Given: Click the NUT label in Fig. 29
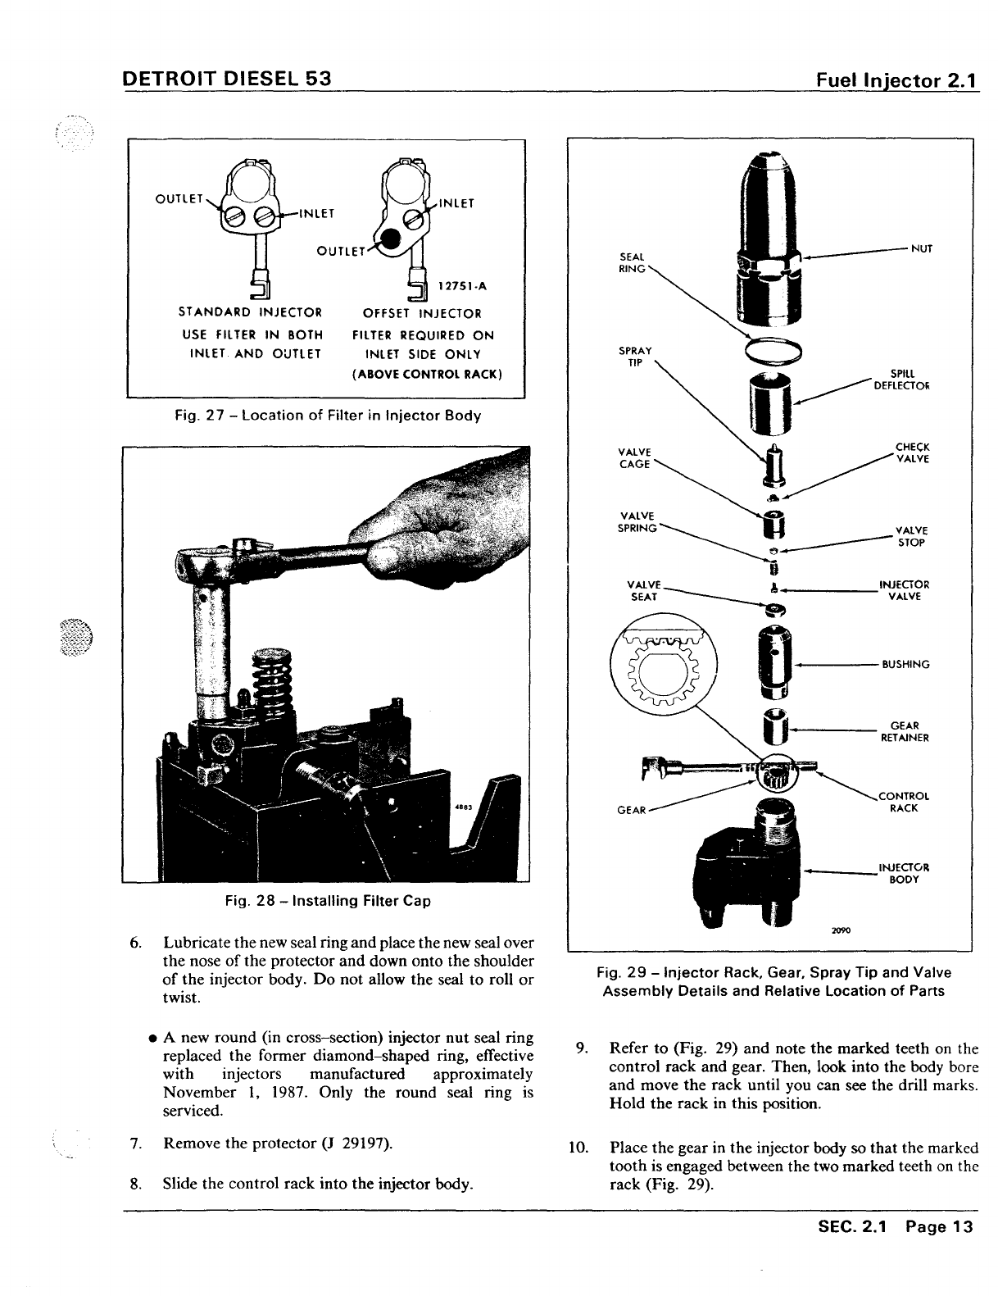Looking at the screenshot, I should pyautogui.click(x=923, y=248).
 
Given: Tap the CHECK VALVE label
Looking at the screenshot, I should pyautogui.click(x=912, y=452).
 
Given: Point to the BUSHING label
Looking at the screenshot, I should pyautogui.click(x=905, y=664).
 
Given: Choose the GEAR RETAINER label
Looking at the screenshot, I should pyautogui.click(x=904, y=731).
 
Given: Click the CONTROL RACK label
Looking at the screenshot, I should pyautogui.click(x=903, y=801).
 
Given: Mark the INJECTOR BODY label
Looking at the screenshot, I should pyautogui.click(x=904, y=873).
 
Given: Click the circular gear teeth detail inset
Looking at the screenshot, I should pyautogui.click(x=664, y=666).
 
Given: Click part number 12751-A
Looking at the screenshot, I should pyautogui.click(x=462, y=286).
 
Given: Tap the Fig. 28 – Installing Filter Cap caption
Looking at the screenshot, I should pyautogui.click(x=328, y=901).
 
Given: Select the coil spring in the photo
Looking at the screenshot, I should pyautogui.click(x=273, y=682).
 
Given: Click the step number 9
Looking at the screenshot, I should pyautogui.click(x=580, y=1048).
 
